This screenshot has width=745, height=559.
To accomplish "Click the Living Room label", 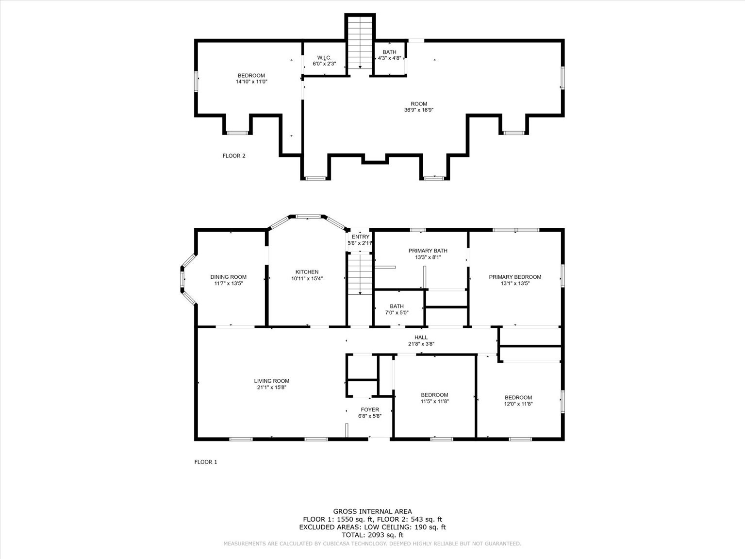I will (271, 381).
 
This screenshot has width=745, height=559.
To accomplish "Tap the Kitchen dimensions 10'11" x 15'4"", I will (307, 279).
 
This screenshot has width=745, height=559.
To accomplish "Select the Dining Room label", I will (228, 277).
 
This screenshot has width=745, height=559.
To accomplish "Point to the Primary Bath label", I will (428, 251).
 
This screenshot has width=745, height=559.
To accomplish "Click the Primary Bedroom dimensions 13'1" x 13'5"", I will (514, 283).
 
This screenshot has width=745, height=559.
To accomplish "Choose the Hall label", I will (421, 337).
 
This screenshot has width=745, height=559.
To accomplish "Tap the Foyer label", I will (369, 409).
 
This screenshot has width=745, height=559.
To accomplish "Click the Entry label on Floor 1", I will (360, 237).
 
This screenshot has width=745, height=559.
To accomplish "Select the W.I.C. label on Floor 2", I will (324, 57).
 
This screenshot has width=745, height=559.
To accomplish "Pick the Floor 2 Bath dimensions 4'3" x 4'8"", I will (389, 58).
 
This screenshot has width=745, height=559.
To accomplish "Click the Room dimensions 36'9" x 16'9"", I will (419, 110).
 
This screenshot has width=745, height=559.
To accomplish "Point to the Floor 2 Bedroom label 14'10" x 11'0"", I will (251, 75).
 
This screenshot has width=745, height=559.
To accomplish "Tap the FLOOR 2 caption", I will (234, 156).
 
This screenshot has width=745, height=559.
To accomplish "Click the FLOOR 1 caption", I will (206, 462).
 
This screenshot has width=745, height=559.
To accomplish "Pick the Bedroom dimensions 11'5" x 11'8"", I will (434, 401).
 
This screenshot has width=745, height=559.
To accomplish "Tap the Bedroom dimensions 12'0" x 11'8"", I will (518, 404).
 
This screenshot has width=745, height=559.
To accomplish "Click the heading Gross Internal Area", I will (372, 511).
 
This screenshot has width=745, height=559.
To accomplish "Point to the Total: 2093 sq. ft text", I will (372, 535).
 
